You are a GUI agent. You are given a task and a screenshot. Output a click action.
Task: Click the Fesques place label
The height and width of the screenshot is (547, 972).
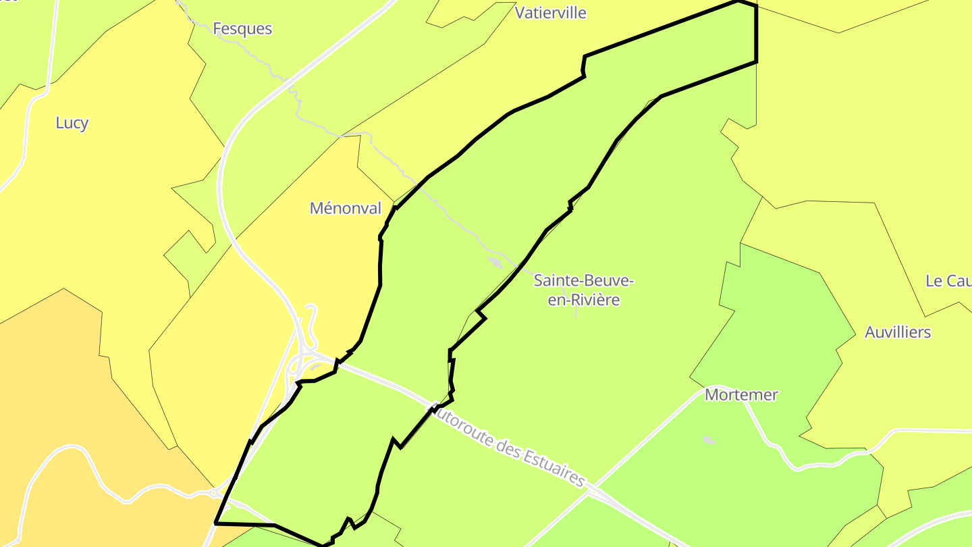pyautogui.click(x=242, y=28)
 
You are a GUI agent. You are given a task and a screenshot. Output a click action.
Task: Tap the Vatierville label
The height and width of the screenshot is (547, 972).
pyautogui.click(x=551, y=13)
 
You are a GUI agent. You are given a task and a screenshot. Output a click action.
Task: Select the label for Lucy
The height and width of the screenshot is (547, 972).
pyautogui.click(x=72, y=123)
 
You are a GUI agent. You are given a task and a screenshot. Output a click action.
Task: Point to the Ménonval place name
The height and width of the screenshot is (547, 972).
pyautogui.click(x=346, y=208)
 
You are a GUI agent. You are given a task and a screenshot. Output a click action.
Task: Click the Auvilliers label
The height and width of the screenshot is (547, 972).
pyautogui.click(x=898, y=332)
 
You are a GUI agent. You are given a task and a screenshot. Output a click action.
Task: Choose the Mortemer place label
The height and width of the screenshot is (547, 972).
pyautogui.click(x=741, y=395)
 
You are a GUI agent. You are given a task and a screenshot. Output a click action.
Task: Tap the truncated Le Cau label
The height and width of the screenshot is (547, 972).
pyautogui.click(x=948, y=281)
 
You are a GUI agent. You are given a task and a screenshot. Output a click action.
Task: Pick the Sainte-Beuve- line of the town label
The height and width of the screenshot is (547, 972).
pyautogui.click(x=583, y=280)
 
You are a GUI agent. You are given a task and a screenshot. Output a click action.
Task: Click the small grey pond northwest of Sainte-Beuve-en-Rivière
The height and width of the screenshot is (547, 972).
pyautogui.click(x=495, y=262)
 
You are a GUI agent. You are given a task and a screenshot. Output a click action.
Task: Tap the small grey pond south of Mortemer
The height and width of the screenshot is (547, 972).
pyautogui.click(x=708, y=440)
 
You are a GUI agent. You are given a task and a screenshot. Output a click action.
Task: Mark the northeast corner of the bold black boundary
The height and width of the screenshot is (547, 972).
pyautogui.click(x=756, y=6)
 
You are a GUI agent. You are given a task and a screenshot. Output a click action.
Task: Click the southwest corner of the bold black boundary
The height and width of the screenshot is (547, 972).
pyautogui.click(x=216, y=523)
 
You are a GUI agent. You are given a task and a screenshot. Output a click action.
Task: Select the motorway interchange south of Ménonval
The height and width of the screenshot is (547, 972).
pyautogui.click(x=302, y=361)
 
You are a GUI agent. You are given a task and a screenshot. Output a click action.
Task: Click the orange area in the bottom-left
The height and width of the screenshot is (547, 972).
pyautogui.click(x=67, y=378)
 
